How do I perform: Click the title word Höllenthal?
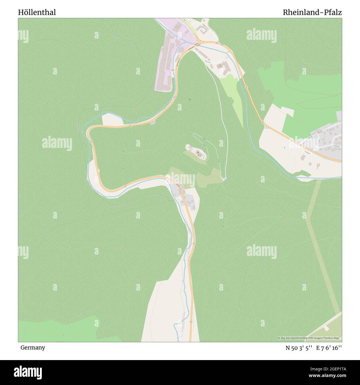pyautogui.click(x=37, y=12)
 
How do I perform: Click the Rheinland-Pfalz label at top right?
pyautogui.click(x=312, y=12)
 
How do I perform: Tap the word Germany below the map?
pyautogui.click(x=33, y=347)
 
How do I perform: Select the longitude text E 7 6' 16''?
pyautogui.click(x=330, y=348)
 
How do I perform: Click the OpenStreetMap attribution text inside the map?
pyautogui.click(x=309, y=338)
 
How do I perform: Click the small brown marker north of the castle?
pyautogui.click(x=190, y=99)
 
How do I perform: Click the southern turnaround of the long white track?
pyautogui.click(x=225, y=179)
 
